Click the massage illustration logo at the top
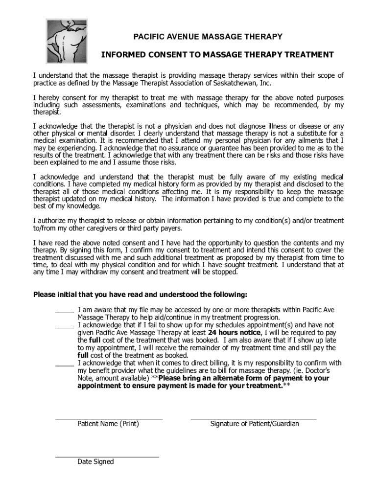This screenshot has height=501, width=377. pyautogui.click(x=66, y=41)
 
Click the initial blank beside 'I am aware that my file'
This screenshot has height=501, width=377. pyautogui.click(x=64, y=311)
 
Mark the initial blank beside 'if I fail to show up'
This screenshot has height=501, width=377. pyautogui.click(x=64, y=326)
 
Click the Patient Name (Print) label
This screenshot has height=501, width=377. pyautogui.click(x=108, y=424)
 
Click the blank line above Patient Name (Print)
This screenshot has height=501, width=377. pyautogui.click(x=108, y=419)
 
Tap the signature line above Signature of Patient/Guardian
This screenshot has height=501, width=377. pyautogui.click(x=253, y=419)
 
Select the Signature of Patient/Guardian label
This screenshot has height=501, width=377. pyautogui.click(x=255, y=424)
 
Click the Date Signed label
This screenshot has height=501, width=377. pyautogui.click(x=95, y=462)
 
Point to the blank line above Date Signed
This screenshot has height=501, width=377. pyautogui.click(x=107, y=456)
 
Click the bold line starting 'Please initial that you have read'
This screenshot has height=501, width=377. pyautogui.click(x=140, y=295)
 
